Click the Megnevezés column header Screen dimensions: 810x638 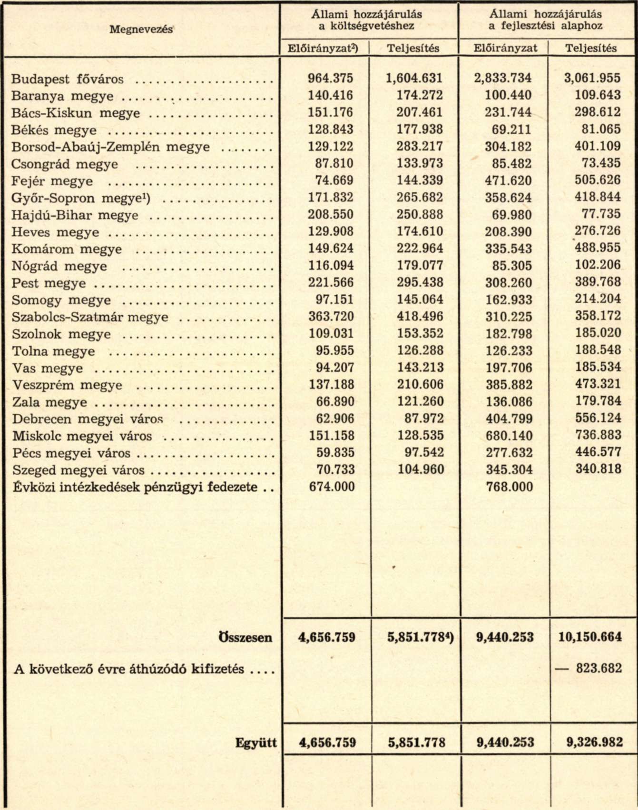(x=141, y=30)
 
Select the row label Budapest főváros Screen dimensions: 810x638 (x=68, y=79)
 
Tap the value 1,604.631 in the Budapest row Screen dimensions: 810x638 (x=414, y=78)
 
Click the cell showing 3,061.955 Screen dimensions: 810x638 (x=592, y=78)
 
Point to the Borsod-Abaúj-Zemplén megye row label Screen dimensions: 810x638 (x=110, y=147)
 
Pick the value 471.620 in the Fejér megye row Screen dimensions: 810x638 (x=508, y=180)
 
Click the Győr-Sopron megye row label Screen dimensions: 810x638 (x=81, y=198)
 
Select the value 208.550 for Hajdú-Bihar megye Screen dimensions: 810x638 (x=331, y=215)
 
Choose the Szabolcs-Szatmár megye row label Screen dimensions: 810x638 (x=90, y=317)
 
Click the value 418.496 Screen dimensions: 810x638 (x=420, y=317)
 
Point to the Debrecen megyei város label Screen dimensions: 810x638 (x=88, y=420)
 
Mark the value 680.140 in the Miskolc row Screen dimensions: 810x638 (x=509, y=436)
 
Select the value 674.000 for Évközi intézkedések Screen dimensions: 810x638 (x=332, y=487)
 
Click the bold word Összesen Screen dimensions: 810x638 (x=245, y=638)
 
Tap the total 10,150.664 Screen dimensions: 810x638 (x=590, y=637)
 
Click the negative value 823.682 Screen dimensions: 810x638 (x=598, y=668)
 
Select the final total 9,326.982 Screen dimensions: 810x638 (x=594, y=742)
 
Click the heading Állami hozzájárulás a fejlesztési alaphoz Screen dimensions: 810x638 (x=545, y=20)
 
